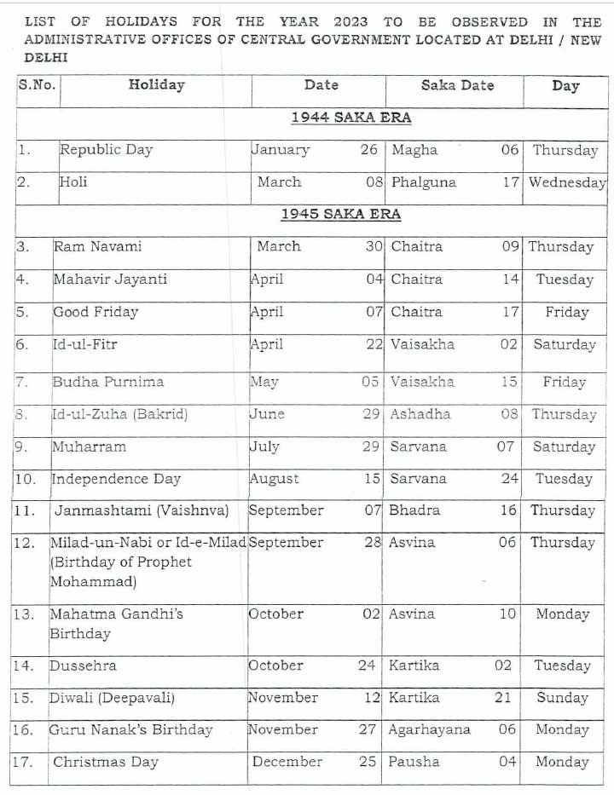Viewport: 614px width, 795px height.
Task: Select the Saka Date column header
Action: coord(458,85)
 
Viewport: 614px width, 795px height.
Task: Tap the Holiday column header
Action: coord(156,84)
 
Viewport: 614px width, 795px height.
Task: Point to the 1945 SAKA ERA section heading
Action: coord(340,214)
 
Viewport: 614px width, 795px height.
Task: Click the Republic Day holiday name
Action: coord(106,150)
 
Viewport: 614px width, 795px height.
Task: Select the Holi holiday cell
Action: coord(73,181)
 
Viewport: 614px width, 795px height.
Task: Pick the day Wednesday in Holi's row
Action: coord(566,182)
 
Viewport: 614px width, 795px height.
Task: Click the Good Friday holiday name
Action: coord(96,312)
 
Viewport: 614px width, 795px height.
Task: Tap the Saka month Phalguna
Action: coord(423,182)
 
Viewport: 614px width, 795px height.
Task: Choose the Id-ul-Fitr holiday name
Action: coord(85,344)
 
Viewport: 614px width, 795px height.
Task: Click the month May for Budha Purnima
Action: coord(264,382)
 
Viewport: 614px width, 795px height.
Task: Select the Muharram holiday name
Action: coord(89,446)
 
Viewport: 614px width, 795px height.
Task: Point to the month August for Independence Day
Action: coord(274,479)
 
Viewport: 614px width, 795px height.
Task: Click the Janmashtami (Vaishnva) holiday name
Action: coord(142,510)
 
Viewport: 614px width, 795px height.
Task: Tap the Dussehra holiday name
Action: coord(83,665)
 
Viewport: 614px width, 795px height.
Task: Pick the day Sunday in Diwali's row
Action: coord(562,698)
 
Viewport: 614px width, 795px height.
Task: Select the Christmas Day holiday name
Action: coord(106,762)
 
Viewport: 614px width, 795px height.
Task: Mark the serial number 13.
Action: coord(24,614)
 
